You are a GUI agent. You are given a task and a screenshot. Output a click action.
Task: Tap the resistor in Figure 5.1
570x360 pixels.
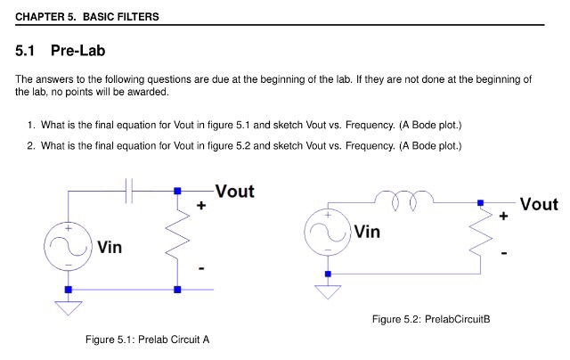pyautogui.click(x=178, y=240)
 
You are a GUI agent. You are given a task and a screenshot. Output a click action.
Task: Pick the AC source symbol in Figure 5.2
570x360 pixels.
pyautogui.click(x=328, y=231)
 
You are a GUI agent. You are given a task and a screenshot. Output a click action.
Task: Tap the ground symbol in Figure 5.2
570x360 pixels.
pyautogui.click(x=328, y=290)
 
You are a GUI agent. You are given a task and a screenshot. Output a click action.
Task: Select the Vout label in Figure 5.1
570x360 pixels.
pyautogui.click(x=234, y=192)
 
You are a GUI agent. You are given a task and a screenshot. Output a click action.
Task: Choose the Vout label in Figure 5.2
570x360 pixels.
pyautogui.click(x=538, y=204)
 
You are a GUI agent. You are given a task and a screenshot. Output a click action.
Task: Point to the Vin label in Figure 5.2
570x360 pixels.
pyautogui.click(x=367, y=232)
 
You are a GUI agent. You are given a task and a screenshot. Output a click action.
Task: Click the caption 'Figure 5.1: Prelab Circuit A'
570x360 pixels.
pyautogui.click(x=147, y=340)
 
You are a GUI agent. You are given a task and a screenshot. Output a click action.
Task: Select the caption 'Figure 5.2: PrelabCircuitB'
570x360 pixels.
pyautogui.click(x=431, y=319)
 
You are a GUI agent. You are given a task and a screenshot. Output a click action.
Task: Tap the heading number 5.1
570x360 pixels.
pyautogui.click(x=28, y=52)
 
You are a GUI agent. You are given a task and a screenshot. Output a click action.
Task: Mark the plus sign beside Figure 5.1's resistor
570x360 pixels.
pyautogui.click(x=201, y=206)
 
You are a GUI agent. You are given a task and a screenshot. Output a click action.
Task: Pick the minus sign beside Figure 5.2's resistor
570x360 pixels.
pyautogui.click(x=505, y=254)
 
